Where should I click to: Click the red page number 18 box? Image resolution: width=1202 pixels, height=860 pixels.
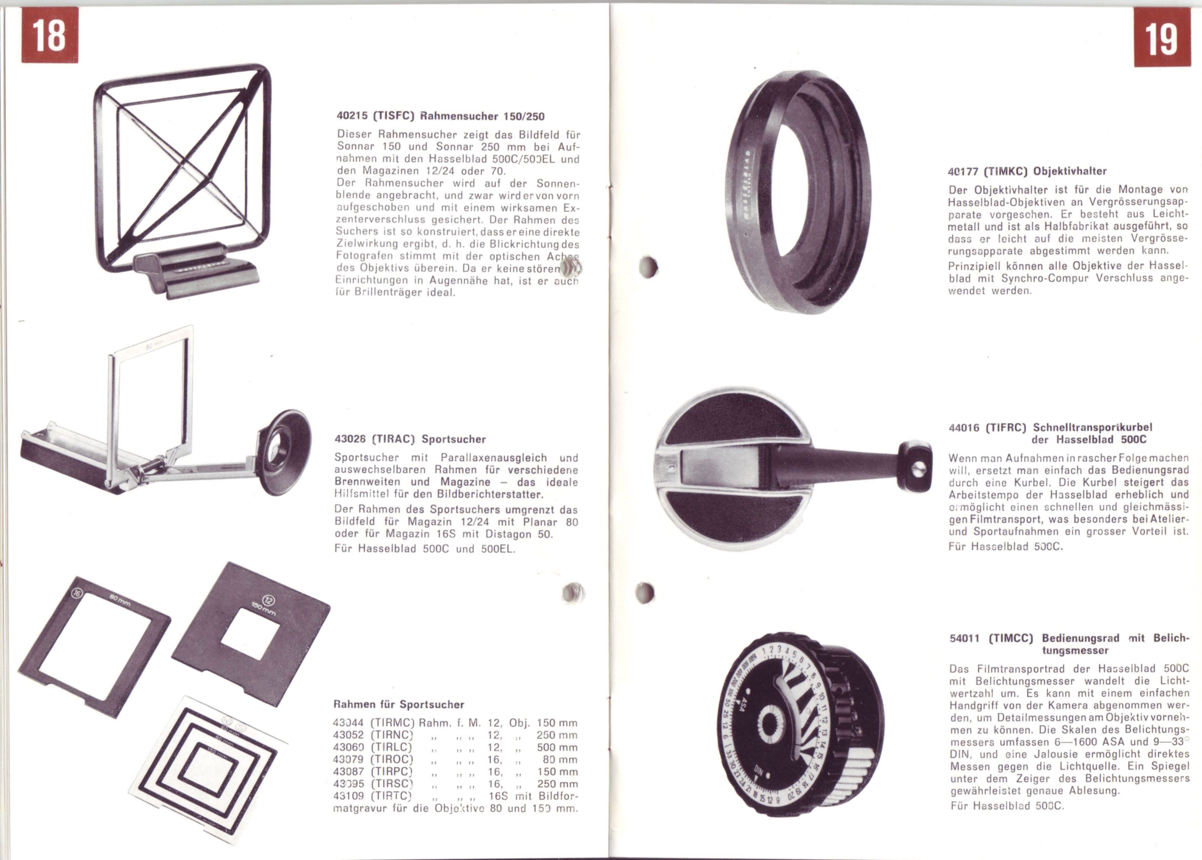click(x=50, y=35)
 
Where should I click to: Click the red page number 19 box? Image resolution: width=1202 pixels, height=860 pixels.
click(x=1162, y=37)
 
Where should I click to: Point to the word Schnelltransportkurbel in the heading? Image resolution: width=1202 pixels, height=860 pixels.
click(x=1092, y=427)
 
